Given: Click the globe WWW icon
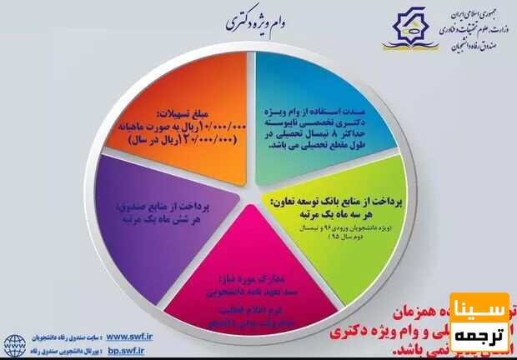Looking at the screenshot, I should [x=14, y=342].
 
